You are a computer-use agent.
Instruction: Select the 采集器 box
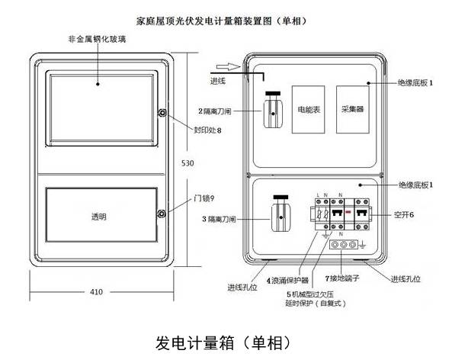tap(352, 109)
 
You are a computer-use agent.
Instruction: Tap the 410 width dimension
tap(96, 291)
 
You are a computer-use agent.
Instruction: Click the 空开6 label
tap(404, 215)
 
